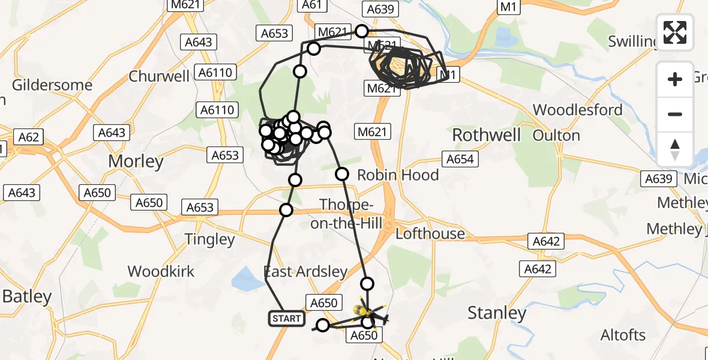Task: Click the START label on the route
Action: point(287,319)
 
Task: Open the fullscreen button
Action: point(675,32)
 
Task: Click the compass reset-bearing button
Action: point(675,149)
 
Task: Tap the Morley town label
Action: point(136,161)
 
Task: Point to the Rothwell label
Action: point(487,135)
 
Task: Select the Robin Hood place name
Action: point(398,175)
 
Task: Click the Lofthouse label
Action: point(430,233)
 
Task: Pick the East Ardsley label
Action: point(306,272)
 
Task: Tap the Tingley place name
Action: point(209,239)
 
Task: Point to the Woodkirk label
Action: point(161,271)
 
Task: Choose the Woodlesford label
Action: point(578,110)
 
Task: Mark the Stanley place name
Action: point(496,313)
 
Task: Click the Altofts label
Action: point(623,335)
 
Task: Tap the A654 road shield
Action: point(460,159)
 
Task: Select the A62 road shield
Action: point(29,137)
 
